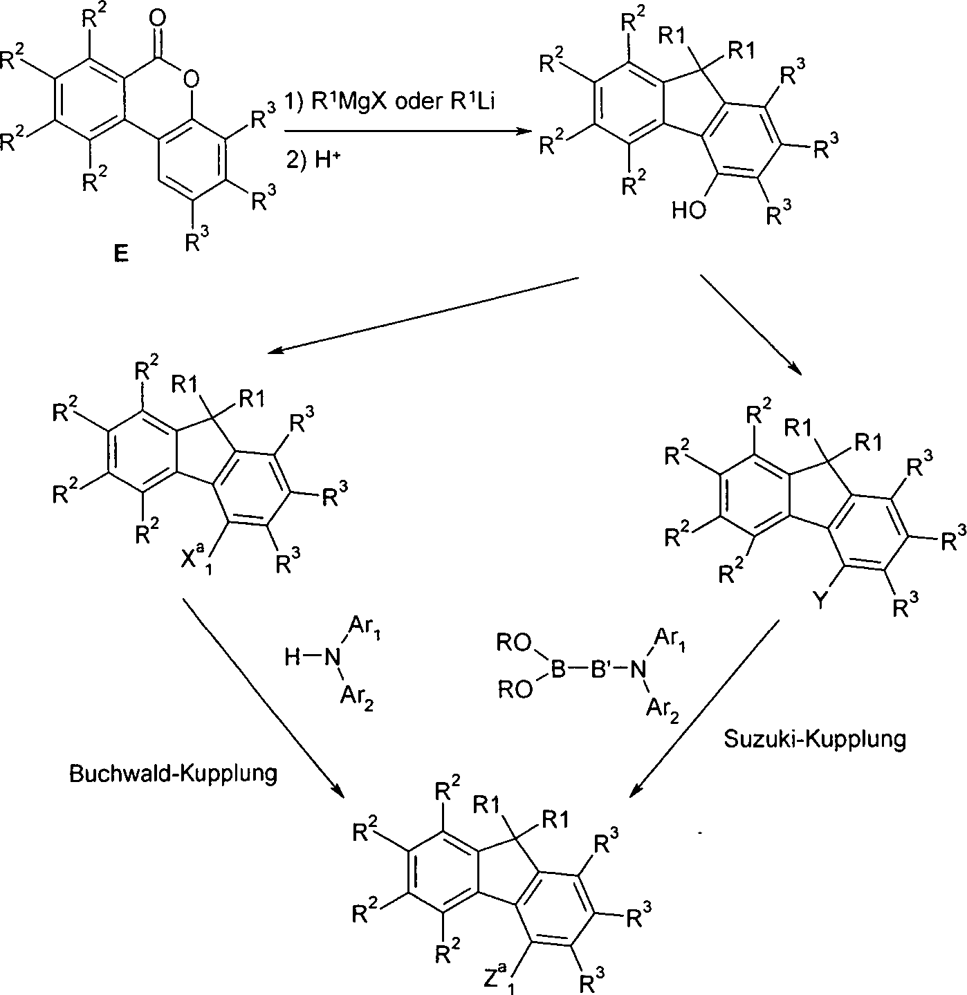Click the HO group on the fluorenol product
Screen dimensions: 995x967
point(689,210)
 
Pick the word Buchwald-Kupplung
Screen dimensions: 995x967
point(173,772)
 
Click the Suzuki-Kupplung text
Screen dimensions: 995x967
point(815,738)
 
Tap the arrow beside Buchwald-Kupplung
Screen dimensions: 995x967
point(263,695)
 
